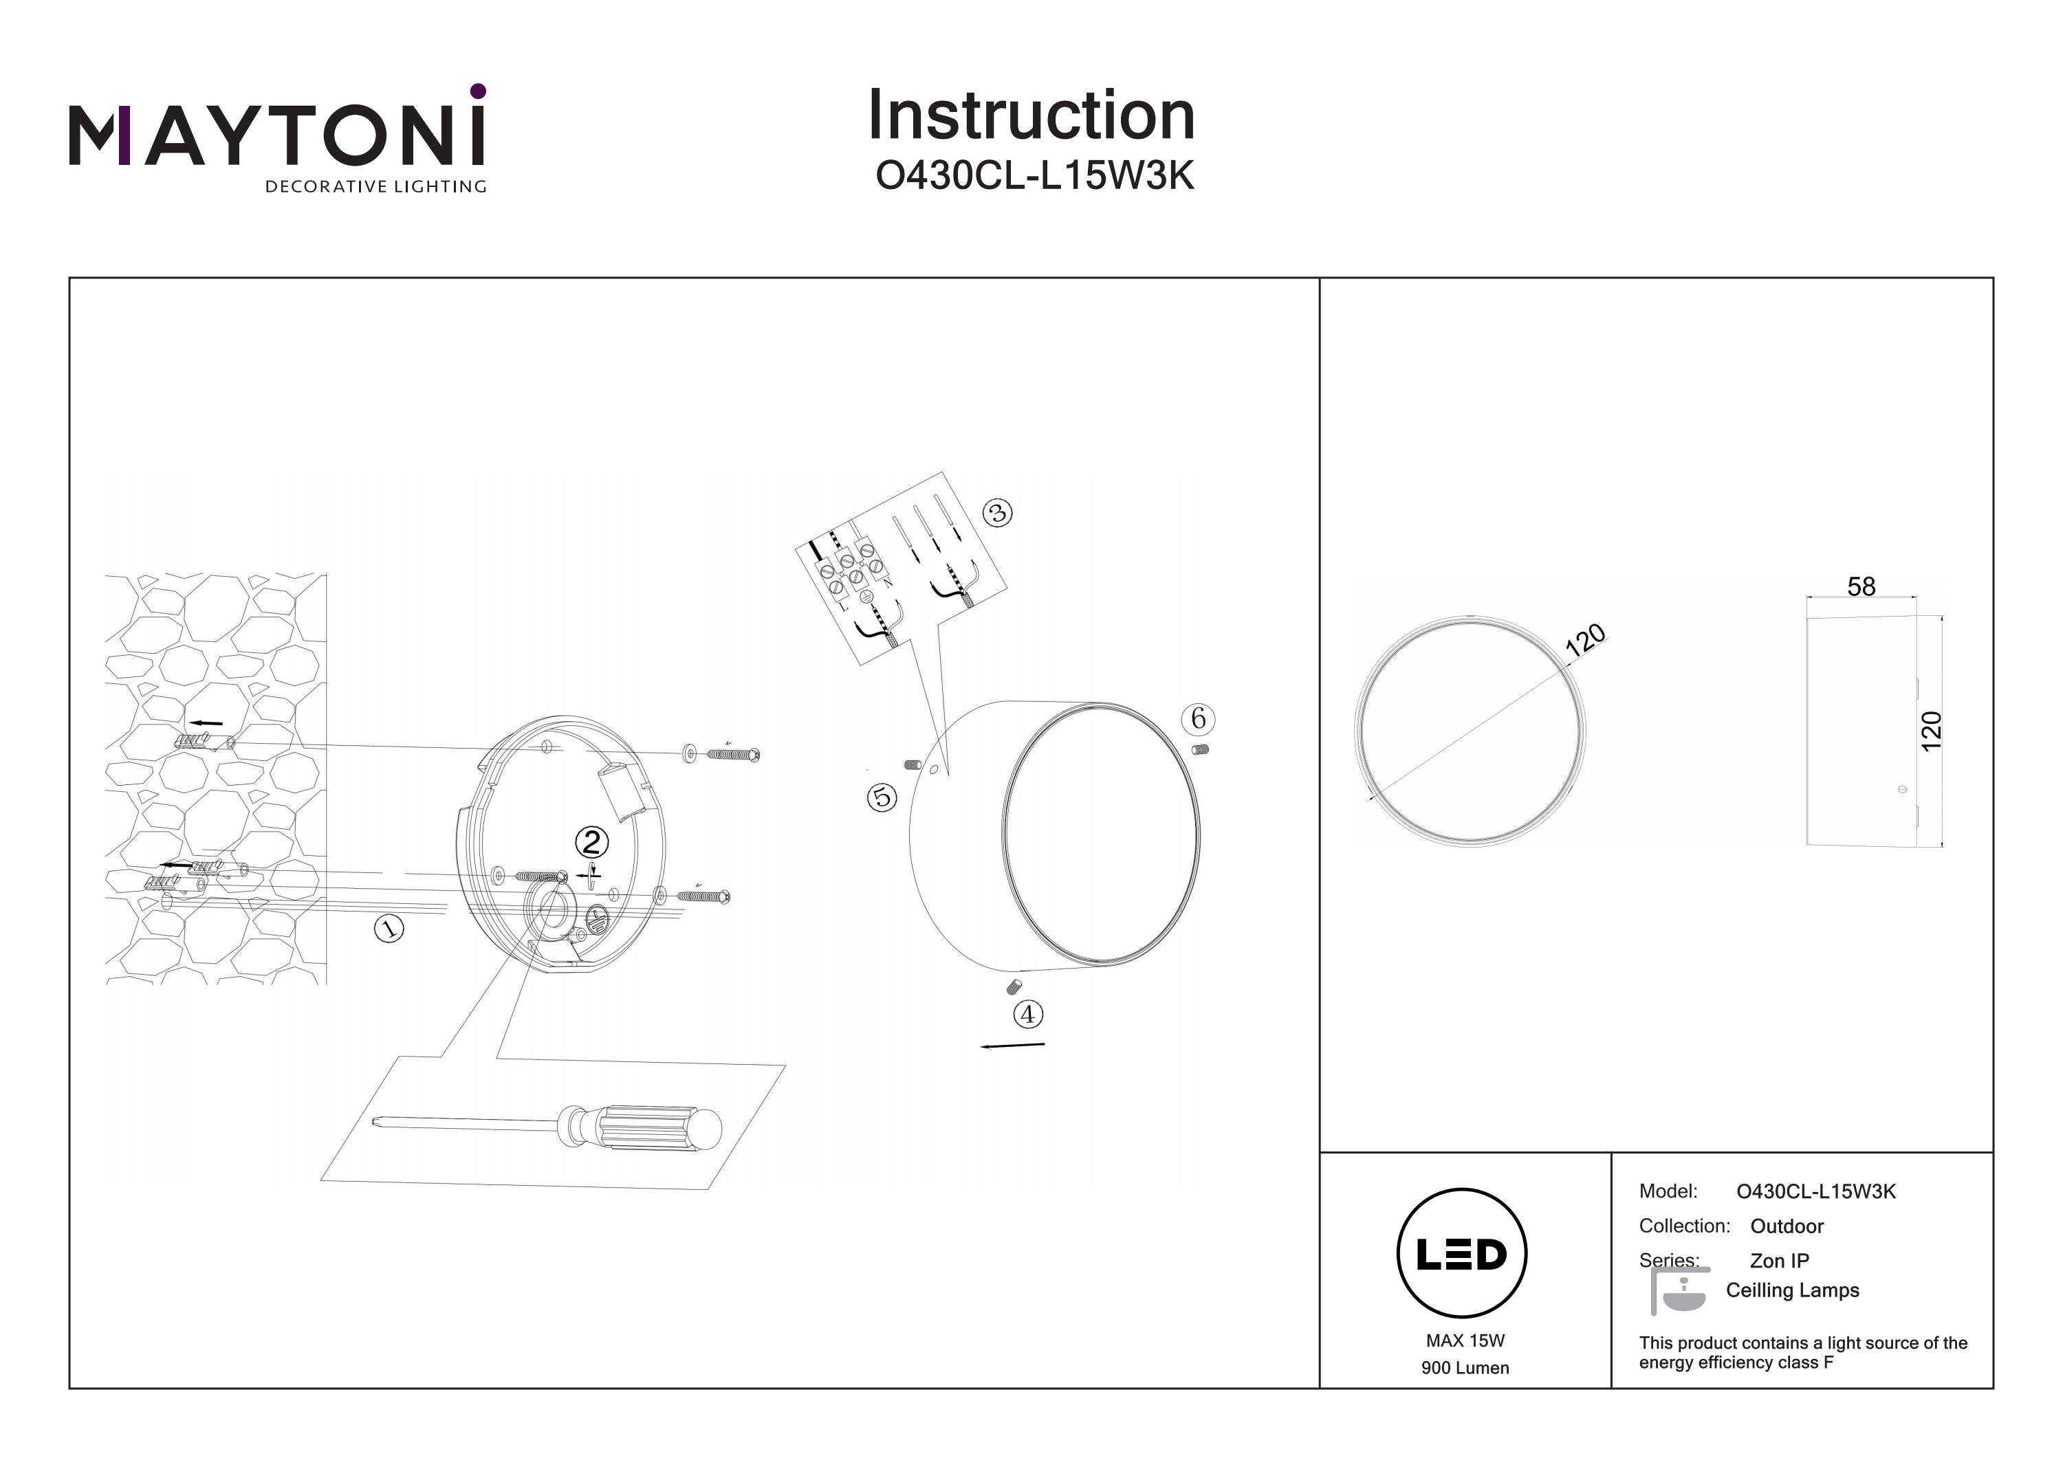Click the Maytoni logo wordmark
276,135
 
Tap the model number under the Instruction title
1034,176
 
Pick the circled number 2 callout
591,842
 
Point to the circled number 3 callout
997,513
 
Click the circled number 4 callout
1028,1014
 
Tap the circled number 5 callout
882,797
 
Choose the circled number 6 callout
1198,718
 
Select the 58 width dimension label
1861,586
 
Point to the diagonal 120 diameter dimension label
1585,639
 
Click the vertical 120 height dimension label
1931,730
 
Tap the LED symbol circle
1462,1254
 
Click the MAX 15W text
1465,1341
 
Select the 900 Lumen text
1465,1368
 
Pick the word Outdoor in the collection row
1787,1226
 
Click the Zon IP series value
1779,1260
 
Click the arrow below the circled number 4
1013,1046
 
